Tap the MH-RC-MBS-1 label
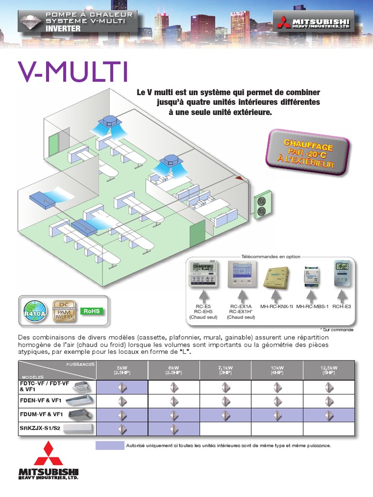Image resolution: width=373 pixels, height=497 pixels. (x=312, y=306)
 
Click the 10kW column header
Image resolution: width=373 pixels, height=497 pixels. (x=277, y=370)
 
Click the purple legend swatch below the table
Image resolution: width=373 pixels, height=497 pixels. (x=109, y=446)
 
